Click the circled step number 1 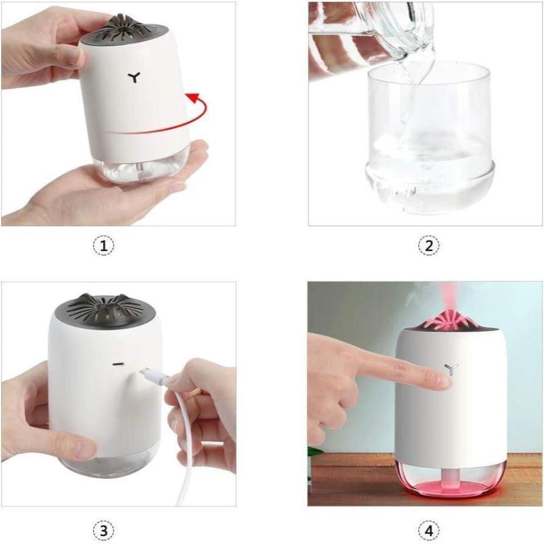103,246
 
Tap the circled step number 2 429,246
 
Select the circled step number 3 103,531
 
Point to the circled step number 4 429,531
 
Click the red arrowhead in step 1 193,98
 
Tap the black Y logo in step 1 134,77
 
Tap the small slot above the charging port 119,364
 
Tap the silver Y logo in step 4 452,369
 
